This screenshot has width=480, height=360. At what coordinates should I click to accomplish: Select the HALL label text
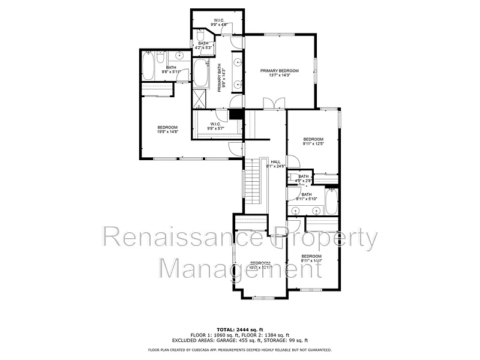275,162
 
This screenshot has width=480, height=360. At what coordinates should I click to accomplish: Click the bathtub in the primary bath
200,73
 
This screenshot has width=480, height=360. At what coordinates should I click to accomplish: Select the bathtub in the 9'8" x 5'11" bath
148,65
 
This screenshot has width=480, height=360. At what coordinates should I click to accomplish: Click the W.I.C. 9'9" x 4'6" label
218,22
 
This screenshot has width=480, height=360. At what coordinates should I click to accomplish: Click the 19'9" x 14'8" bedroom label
167,130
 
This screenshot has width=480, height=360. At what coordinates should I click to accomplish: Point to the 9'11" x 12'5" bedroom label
313,142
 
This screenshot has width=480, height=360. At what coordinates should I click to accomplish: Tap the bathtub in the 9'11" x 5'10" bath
331,202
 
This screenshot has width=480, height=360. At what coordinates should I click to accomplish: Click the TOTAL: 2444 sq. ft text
239,330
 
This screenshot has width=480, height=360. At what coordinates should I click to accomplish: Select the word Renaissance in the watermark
182,239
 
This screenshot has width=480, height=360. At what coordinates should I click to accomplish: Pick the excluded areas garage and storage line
239,340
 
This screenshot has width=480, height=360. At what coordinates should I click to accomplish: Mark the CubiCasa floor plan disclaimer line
239,350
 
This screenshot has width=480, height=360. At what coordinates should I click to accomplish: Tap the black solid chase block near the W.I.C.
236,114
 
